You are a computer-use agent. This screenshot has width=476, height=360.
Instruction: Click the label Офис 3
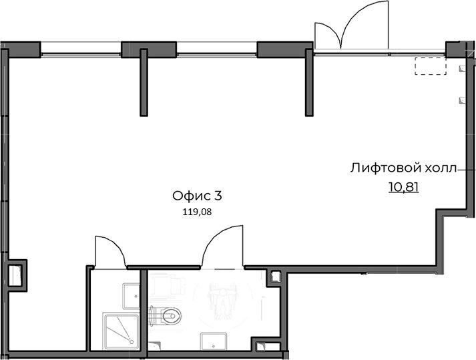pyautogui.click(x=198, y=196)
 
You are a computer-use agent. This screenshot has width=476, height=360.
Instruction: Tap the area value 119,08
pyautogui.click(x=197, y=212)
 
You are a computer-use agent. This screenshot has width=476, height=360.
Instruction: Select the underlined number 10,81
pyautogui.click(x=404, y=187)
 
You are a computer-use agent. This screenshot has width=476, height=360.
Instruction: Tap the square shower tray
pyautogui.click(x=121, y=332)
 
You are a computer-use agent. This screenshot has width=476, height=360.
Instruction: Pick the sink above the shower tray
pyautogui.click(x=131, y=296)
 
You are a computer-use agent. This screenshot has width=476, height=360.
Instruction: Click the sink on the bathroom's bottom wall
pyautogui.click(x=214, y=341)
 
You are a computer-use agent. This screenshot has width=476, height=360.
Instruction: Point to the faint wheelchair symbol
pyautogui.click(x=223, y=303)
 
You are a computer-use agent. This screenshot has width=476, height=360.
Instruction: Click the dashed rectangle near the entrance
pyautogui.click(x=431, y=65)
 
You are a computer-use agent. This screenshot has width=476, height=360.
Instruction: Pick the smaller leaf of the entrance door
pyautogui.click(x=328, y=35)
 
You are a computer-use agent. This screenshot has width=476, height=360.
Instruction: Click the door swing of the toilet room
pyautogui.click(x=222, y=246)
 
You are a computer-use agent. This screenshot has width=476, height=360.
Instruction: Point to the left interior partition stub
pyautogui.click(x=144, y=82)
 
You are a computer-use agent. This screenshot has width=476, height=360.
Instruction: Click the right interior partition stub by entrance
pyautogui.click(x=309, y=82)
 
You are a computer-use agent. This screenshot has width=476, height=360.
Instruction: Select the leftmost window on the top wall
pyautogui.click(x=81, y=49)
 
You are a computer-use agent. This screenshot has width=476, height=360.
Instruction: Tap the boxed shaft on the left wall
pyautogui.click(x=17, y=276)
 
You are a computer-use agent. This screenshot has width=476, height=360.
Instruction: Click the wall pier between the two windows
pyautogui.click(x=149, y=49)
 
